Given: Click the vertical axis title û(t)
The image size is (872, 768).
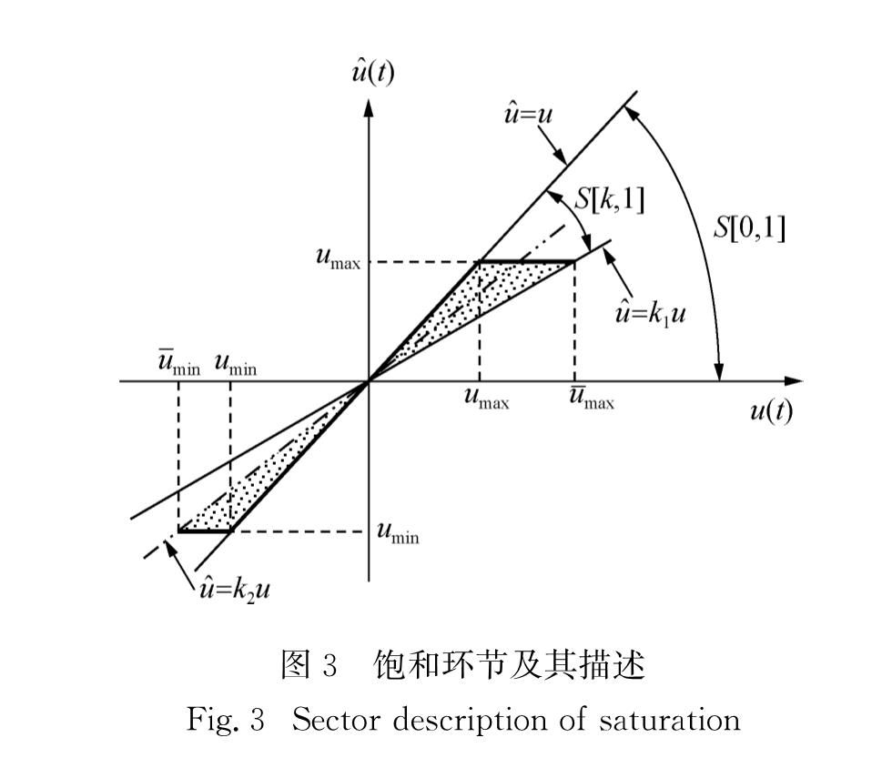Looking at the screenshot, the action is tap(373, 71).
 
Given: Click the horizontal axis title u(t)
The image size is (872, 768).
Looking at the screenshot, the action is tap(771, 411).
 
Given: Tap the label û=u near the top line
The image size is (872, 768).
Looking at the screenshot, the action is tap(528, 114).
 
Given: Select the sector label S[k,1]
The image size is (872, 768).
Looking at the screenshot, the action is tap(610, 199).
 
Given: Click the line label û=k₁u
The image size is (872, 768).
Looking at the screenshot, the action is tap(650, 314).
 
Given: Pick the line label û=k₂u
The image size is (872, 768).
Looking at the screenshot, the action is tap(235, 589).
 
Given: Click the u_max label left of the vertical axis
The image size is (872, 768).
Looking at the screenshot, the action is tap(338, 258).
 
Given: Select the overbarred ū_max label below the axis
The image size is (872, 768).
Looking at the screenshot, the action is tap(592, 398).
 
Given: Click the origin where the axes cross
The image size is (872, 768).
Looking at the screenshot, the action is tap(368, 381).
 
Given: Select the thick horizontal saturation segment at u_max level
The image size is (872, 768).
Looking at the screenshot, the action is tap(527, 260).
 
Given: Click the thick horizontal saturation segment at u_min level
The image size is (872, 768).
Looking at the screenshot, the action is tap(204, 531).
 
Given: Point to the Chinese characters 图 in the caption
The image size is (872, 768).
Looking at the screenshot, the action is tap(295, 664).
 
